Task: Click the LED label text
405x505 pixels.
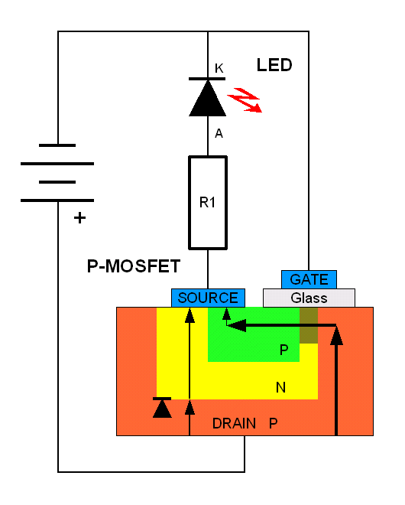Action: (274, 65)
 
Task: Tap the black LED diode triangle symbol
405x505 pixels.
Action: (207, 98)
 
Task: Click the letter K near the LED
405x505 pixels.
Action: (219, 69)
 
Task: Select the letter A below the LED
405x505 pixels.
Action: (219, 134)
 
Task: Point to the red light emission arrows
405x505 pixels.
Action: (246, 99)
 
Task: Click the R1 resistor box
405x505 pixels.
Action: (208, 203)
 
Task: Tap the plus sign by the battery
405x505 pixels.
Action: (79, 218)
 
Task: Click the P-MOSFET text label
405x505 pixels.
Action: (134, 266)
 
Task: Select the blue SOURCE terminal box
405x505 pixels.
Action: (208, 298)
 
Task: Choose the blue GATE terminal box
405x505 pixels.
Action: (309, 279)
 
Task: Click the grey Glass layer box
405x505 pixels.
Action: (309, 298)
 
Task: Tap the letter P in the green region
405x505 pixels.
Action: (283, 350)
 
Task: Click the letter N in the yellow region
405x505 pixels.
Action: (280, 387)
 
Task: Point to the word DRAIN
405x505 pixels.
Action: (234, 423)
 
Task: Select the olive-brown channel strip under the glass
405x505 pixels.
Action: (308, 325)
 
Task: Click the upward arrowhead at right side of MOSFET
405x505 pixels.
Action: (336, 335)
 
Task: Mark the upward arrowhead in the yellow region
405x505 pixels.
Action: (190, 316)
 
